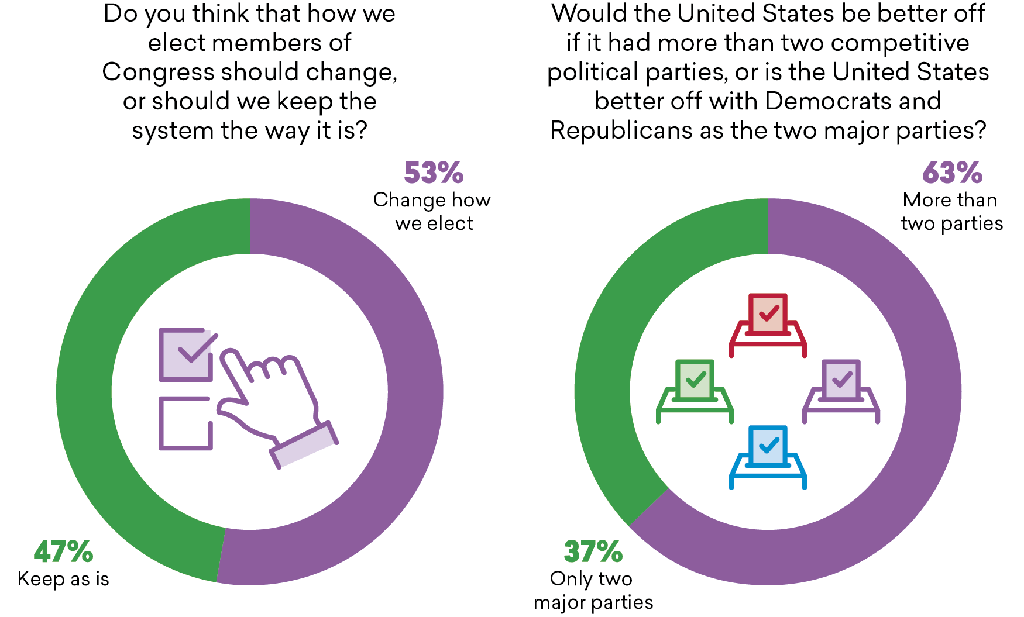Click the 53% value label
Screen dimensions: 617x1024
(x=434, y=173)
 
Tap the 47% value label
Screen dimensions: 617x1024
(x=63, y=551)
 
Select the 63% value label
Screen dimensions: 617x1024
(x=952, y=173)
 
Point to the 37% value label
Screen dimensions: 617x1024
(x=593, y=551)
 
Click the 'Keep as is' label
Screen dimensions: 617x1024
(x=63, y=579)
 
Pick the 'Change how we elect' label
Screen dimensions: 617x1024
(x=432, y=212)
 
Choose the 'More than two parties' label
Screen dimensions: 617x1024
(x=951, y=212)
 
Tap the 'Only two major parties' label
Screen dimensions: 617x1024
(x=593, y=591)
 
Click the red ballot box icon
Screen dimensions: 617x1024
(x=768, y=325)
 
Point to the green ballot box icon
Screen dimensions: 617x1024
(x=695, y=391)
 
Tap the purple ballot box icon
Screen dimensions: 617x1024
(x=841, y=391)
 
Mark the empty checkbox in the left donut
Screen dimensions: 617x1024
(x=185, y=423)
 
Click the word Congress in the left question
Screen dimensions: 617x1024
(x=159, y=72)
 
